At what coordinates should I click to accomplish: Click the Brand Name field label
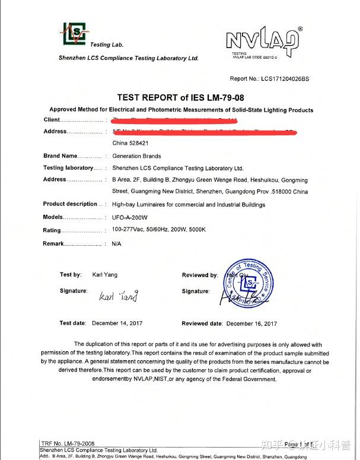coord(60,156)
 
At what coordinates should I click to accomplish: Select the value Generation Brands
coord(136,156)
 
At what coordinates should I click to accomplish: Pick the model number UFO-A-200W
coord(129,217)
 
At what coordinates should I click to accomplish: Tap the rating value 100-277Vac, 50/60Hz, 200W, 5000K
coord(158,230)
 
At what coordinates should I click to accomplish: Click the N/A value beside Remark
coord(116,244)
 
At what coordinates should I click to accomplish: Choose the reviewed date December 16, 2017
coord(251,323)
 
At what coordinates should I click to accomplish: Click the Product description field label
coord(70,204)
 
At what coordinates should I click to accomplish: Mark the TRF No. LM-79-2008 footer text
coord(67,444)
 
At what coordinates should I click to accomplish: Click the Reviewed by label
coord(199,275)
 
